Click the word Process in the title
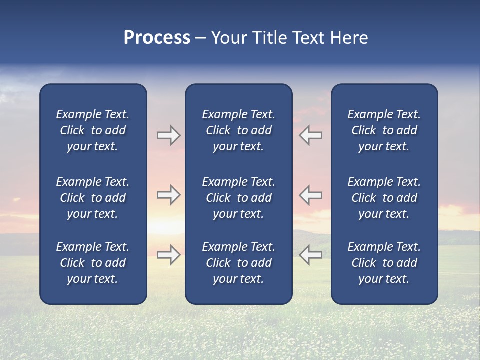(157, 38)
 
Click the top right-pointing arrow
(168, 135)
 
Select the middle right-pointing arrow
(168, 195)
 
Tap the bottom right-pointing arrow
(168, 254)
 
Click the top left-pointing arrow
(311, 135)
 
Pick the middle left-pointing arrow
(311, 195)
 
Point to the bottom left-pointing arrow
(311, 254)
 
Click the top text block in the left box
(93, 130)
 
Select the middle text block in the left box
(93, 198)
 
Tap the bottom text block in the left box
(93, 263)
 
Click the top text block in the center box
(238, 130)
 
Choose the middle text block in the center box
(238, 198)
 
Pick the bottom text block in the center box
(238, 263)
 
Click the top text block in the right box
(384, 130)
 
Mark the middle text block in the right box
(384, 198)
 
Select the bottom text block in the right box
(384, 263)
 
